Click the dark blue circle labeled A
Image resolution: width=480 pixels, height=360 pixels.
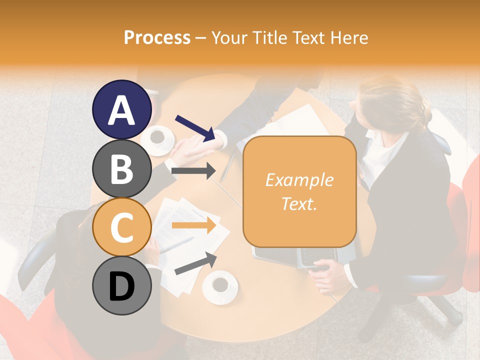tap(121, 109)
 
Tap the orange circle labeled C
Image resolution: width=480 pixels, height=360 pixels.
tap(121, 227)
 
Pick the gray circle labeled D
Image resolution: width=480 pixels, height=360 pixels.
tap(121, 285)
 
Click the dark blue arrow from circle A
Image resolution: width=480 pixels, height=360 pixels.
tap(195, 128)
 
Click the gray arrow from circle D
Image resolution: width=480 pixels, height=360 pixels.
tap(195, 263)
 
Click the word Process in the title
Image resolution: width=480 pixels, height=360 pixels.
tap(157, 37)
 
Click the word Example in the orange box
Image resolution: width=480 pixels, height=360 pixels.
tap(299, 180)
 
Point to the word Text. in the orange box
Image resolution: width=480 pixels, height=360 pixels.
tap(299, 203)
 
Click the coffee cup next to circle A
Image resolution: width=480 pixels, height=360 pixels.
tap(158, 136)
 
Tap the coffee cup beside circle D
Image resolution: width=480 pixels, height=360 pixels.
tap(219, 285)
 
